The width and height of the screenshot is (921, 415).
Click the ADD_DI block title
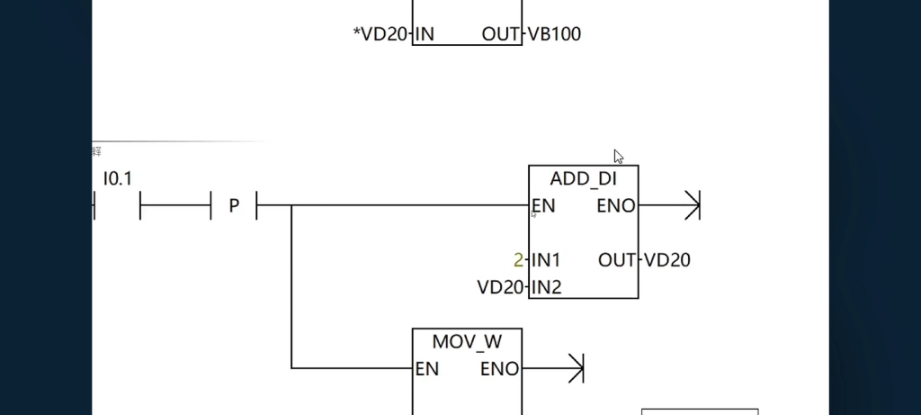[x=583, y=179]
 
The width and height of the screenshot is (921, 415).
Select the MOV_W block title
[x=467, y=342]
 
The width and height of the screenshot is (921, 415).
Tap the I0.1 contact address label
[x=118, y=179]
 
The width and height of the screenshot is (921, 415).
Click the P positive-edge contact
[x=234, y=206]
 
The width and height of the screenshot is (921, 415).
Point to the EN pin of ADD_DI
[x=544, y=206]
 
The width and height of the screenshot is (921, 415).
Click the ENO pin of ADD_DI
[x=615, y=206]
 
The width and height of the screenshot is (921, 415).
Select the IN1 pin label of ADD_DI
[x=546, y=260]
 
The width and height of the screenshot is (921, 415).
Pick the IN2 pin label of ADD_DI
[x=546, y=287]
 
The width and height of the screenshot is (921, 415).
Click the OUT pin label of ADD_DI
[x=617, y=260]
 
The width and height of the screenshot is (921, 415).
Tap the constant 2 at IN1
[x=518, y=260]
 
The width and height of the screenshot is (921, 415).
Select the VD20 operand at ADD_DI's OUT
[x=667, y=260]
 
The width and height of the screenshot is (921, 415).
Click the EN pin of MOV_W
[x=427, y=369]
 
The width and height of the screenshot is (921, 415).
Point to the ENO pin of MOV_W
[x=499, y=369]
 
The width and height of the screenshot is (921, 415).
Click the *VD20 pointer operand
[x=381, y=35]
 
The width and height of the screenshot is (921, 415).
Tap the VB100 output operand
[x=554, y=35]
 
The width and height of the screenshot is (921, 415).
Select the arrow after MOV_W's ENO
[x=576, y=368]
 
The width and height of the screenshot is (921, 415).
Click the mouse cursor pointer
[x=618, y=156]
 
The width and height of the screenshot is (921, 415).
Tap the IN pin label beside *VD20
[x=425, y=35]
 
